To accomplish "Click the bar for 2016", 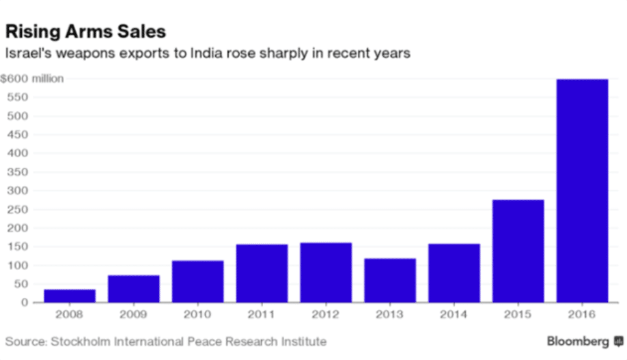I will tap(582, 191).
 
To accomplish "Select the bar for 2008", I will tap(70, 296).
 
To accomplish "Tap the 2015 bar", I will tap(518, 251).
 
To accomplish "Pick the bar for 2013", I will tap(390, 280).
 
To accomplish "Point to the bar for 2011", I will tap(262, 273).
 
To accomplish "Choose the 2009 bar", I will tap(134, 288).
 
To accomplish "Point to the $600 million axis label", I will tap(33, 79).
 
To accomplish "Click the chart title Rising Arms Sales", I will tap(85, 31).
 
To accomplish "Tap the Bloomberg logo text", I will tap(579, 341).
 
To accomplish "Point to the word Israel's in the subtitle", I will tap(25, 53).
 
